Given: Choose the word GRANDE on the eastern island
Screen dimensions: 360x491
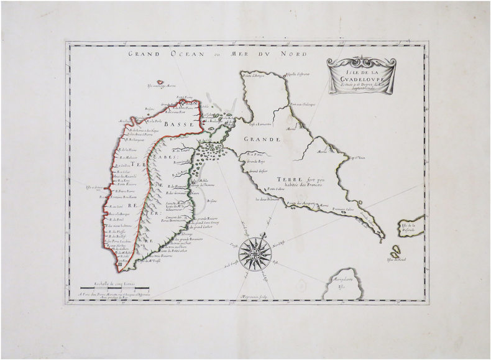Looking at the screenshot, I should [264, 139].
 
